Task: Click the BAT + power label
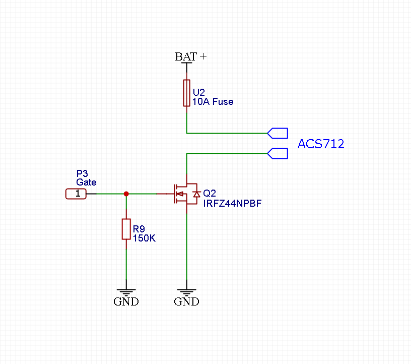tap(190, 56)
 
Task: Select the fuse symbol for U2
tap(187, 93)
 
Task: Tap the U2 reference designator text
tap(199, 92)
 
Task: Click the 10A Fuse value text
tap(213, 101)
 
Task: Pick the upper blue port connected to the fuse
tap(278, 133)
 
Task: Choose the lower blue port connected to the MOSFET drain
tap(278, 153)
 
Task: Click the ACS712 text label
tap(321, 144)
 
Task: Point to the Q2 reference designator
tap(209, 194)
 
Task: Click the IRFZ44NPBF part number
tap(232, 203)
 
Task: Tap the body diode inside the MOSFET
tap(197, 194)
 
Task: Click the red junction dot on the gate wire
tap(126, 194)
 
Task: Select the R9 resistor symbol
tap(126, 229)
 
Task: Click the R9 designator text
tap(139, 228)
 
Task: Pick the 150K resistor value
tap(144, 237)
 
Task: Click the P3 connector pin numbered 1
tap(77, 194)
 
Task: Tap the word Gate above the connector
tap(86, 182)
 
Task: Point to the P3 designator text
tap(82, 173)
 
